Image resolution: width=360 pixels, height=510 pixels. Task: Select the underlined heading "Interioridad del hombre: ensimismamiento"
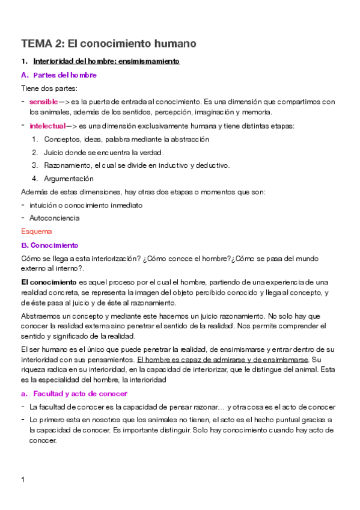pyautogui.click(x=106, y=61)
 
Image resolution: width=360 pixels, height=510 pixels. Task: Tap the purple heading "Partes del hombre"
pyautogui.click(x=65, y=75)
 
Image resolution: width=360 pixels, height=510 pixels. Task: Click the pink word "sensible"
pyautogui.click(x=44, y=102)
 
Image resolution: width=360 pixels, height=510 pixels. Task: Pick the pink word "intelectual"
pyautogui.click(x=47, y=126)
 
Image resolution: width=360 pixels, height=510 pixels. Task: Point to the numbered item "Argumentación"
pyautogui.click(x=69, y=179)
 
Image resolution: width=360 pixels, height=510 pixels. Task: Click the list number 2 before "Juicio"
pyautogui.click(x=34, y=152)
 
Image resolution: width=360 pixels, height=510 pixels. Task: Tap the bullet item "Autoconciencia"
pyautogui.click(x=54, y=218)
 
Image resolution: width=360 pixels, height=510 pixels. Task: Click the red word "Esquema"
pyautogui.click(x=36, y=232)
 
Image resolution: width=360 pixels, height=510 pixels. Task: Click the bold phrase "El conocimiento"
pyautogui.click(x=49, y=282)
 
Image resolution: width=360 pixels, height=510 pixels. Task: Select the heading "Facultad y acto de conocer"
pyautogui.click(x=80, y=393)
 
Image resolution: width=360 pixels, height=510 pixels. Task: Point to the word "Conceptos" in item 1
pyautogui.click(x=62, y=139)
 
